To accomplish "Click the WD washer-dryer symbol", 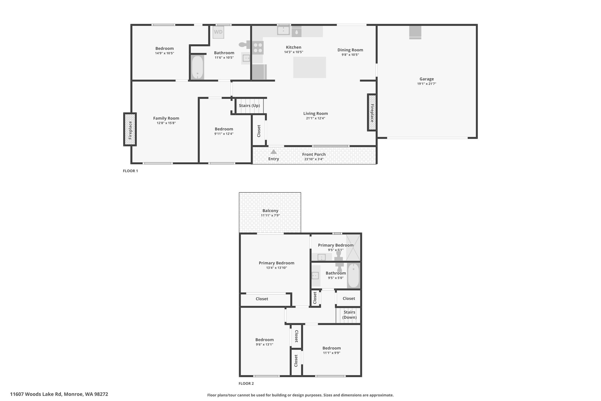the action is (218, 32).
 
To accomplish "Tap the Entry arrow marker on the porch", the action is (274, 152).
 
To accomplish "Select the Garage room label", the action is (427, 79).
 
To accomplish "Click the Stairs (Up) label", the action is (249, 105).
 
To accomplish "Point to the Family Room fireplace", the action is (130, 129).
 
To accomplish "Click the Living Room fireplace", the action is (372, 113).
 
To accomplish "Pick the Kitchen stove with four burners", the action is (258, 48).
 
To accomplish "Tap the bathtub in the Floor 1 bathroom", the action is (197, 67).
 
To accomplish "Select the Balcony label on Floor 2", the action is (270, 211).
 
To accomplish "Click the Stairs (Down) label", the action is (350, 315).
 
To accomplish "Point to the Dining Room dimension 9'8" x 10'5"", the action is (350, 55).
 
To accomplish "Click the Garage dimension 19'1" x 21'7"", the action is (427, 84).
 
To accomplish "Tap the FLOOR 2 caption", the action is (246, 383).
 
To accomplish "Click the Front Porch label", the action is (314, 154).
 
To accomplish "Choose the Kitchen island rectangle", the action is (310, 67).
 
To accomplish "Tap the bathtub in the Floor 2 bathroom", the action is (353, 276).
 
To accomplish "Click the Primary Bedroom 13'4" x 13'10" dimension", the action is (276, 268).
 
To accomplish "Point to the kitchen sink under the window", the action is (283, 30).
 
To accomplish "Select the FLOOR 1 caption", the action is (130, 171).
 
